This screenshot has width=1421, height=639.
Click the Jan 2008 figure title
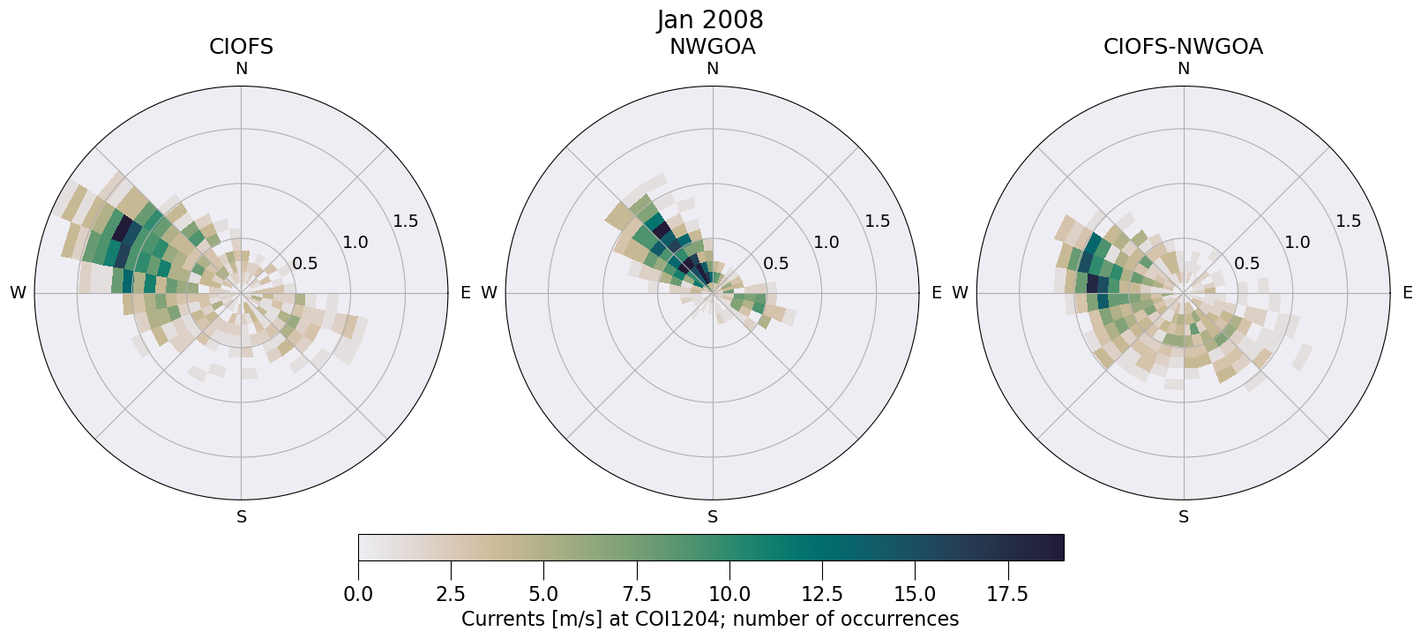coord(710,19)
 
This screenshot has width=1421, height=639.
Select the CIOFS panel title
coord(241,47)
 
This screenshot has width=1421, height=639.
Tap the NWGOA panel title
coord(712,47)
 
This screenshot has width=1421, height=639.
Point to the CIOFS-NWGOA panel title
coord(1183,47)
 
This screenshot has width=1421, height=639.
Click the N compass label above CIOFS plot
coord(241,69)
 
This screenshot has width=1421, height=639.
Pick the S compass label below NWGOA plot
coord(713,517)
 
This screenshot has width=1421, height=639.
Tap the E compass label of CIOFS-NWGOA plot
coord(1407,293)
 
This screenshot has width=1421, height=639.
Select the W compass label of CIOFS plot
coord(18,293)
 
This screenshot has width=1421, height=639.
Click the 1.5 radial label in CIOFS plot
coord(406,222)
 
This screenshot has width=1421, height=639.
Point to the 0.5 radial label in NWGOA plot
coord(776,263)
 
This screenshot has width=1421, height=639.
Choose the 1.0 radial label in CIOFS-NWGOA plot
coord(1298,243)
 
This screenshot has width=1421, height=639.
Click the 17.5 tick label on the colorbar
coord(1007,595)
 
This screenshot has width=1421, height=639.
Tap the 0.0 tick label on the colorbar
coord(358,595)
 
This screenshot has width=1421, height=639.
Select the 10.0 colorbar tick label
coord(729,595)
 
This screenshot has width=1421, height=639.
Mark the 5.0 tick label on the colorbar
coord(543,595)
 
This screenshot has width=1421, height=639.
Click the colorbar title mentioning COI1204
coord(710,620)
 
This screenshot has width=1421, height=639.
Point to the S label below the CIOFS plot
coord(242,517)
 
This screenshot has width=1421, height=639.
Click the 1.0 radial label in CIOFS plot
coord(355,243)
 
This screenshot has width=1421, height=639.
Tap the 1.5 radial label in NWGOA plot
coord(878,222)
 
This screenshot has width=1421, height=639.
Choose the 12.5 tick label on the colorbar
coord(822,595)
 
